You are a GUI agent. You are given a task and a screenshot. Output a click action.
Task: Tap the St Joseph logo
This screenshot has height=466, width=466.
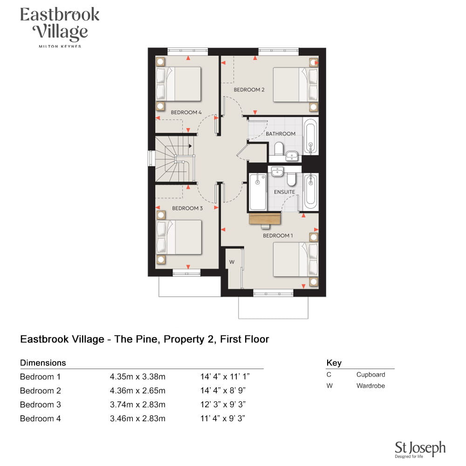[420, 449]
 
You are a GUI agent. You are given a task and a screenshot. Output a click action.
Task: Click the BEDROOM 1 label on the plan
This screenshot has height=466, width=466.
[278, 236]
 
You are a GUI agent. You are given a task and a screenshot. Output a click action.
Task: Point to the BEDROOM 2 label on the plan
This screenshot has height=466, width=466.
[249, 89]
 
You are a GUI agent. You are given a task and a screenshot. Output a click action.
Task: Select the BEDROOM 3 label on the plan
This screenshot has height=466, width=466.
[187, 208]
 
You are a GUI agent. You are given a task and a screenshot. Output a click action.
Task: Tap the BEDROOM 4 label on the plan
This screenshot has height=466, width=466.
[186, 112]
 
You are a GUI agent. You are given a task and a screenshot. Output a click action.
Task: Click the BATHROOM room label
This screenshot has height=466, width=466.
[281, 134]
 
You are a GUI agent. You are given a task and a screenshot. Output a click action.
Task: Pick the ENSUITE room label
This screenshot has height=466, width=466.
[284, 192]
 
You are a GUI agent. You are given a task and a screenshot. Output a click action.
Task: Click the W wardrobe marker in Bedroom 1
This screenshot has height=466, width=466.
[232, 262]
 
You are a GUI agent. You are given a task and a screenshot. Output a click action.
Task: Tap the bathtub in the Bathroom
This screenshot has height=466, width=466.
[310, 137]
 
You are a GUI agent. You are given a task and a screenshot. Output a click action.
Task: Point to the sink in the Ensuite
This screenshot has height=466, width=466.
[277, 171]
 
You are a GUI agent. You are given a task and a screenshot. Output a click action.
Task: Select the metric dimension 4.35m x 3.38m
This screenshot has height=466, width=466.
[137, 377]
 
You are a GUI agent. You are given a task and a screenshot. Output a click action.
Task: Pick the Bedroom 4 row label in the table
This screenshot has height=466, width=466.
[41, 418]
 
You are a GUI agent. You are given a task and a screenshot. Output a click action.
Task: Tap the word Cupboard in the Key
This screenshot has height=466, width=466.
[370, 375]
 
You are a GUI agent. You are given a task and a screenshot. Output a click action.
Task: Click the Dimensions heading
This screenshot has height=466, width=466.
[43, 363]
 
